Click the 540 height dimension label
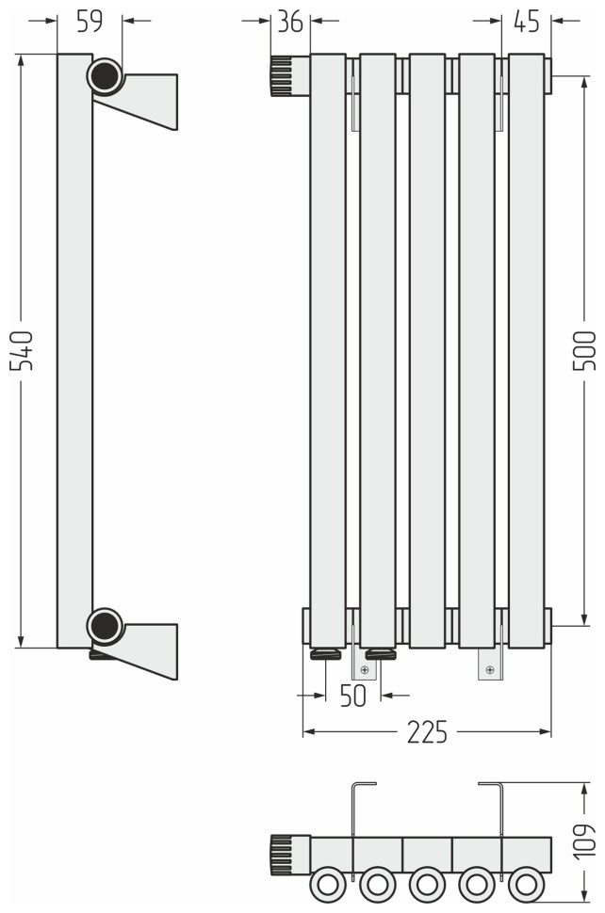coord(22,350)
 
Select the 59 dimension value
coord(90,21)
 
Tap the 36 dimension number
coord(290,22)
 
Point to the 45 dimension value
coord(527,22)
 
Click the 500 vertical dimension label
coord(584,350)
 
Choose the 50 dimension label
coord(352,696)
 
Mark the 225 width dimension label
coord(427,732)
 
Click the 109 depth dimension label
coord(584,841)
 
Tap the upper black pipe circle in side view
coord(105,75)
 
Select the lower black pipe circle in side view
coord(105,626)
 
